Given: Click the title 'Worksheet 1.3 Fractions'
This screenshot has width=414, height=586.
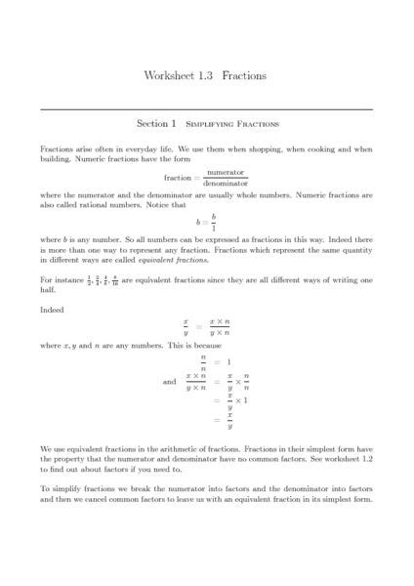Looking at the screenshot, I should click(205, 75).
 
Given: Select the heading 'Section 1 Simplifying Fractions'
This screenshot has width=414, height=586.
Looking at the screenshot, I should click(206, 124).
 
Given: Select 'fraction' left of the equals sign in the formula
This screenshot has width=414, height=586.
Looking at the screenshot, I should click(179, 178).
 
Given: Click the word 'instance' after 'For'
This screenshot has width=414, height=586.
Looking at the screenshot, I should click(69, 280).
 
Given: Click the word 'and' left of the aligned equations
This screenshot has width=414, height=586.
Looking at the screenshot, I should click(170, 382).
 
